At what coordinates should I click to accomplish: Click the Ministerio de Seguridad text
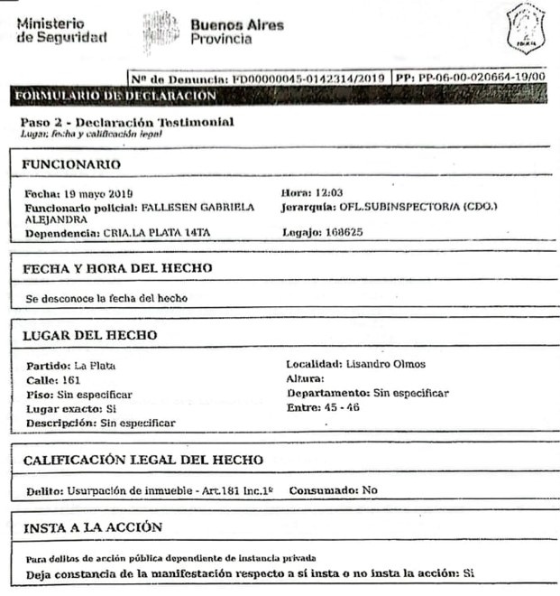point(61,30)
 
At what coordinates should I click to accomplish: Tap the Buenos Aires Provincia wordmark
point(236,32)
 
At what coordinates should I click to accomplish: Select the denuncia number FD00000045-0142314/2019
point(308,79)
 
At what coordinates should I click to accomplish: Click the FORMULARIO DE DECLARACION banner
point(115,95)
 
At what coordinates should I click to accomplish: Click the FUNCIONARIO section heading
point(71,164)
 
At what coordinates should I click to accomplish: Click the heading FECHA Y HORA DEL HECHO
point(117,268)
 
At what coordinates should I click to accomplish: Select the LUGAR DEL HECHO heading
point(90,335)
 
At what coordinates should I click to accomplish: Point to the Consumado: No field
point(333,490)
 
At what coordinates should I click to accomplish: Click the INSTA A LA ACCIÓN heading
point(92,527)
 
